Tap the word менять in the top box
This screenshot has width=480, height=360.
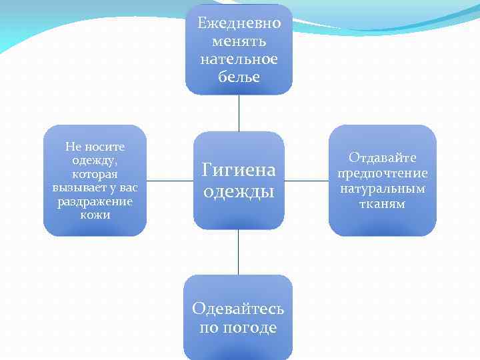239,41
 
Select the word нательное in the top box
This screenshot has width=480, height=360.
239,59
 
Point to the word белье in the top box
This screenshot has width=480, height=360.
239,77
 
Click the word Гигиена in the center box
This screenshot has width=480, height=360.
239,171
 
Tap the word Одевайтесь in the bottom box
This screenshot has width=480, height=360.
238,308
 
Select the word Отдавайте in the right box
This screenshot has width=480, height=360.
383,157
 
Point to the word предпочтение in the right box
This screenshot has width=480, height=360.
383,173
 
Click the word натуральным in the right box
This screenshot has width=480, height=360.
383,189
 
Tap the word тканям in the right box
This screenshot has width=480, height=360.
383,204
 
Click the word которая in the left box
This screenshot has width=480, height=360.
95,174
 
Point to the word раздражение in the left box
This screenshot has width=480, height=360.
95,201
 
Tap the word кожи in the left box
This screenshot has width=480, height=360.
95,215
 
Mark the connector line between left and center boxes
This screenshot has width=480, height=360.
169,180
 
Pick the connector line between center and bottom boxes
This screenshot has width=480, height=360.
239,252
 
